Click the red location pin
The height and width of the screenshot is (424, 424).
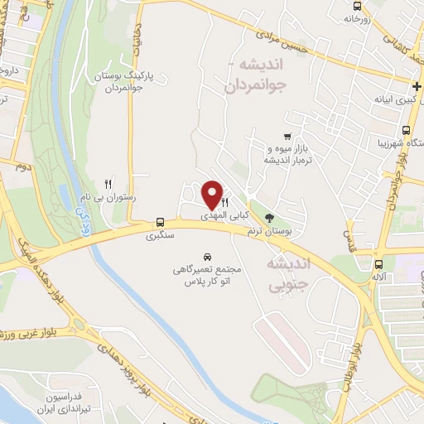[x=213, y=195]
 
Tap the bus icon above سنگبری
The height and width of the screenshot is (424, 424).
[x=160, y=223]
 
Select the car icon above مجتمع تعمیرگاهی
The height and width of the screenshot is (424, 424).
[x=207, y=257]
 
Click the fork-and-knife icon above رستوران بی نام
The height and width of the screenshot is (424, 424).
[x=107, y=183]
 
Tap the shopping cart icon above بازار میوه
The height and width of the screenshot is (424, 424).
[x=287, y=137]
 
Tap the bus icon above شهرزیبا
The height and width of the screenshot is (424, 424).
[x=406, y=131]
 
